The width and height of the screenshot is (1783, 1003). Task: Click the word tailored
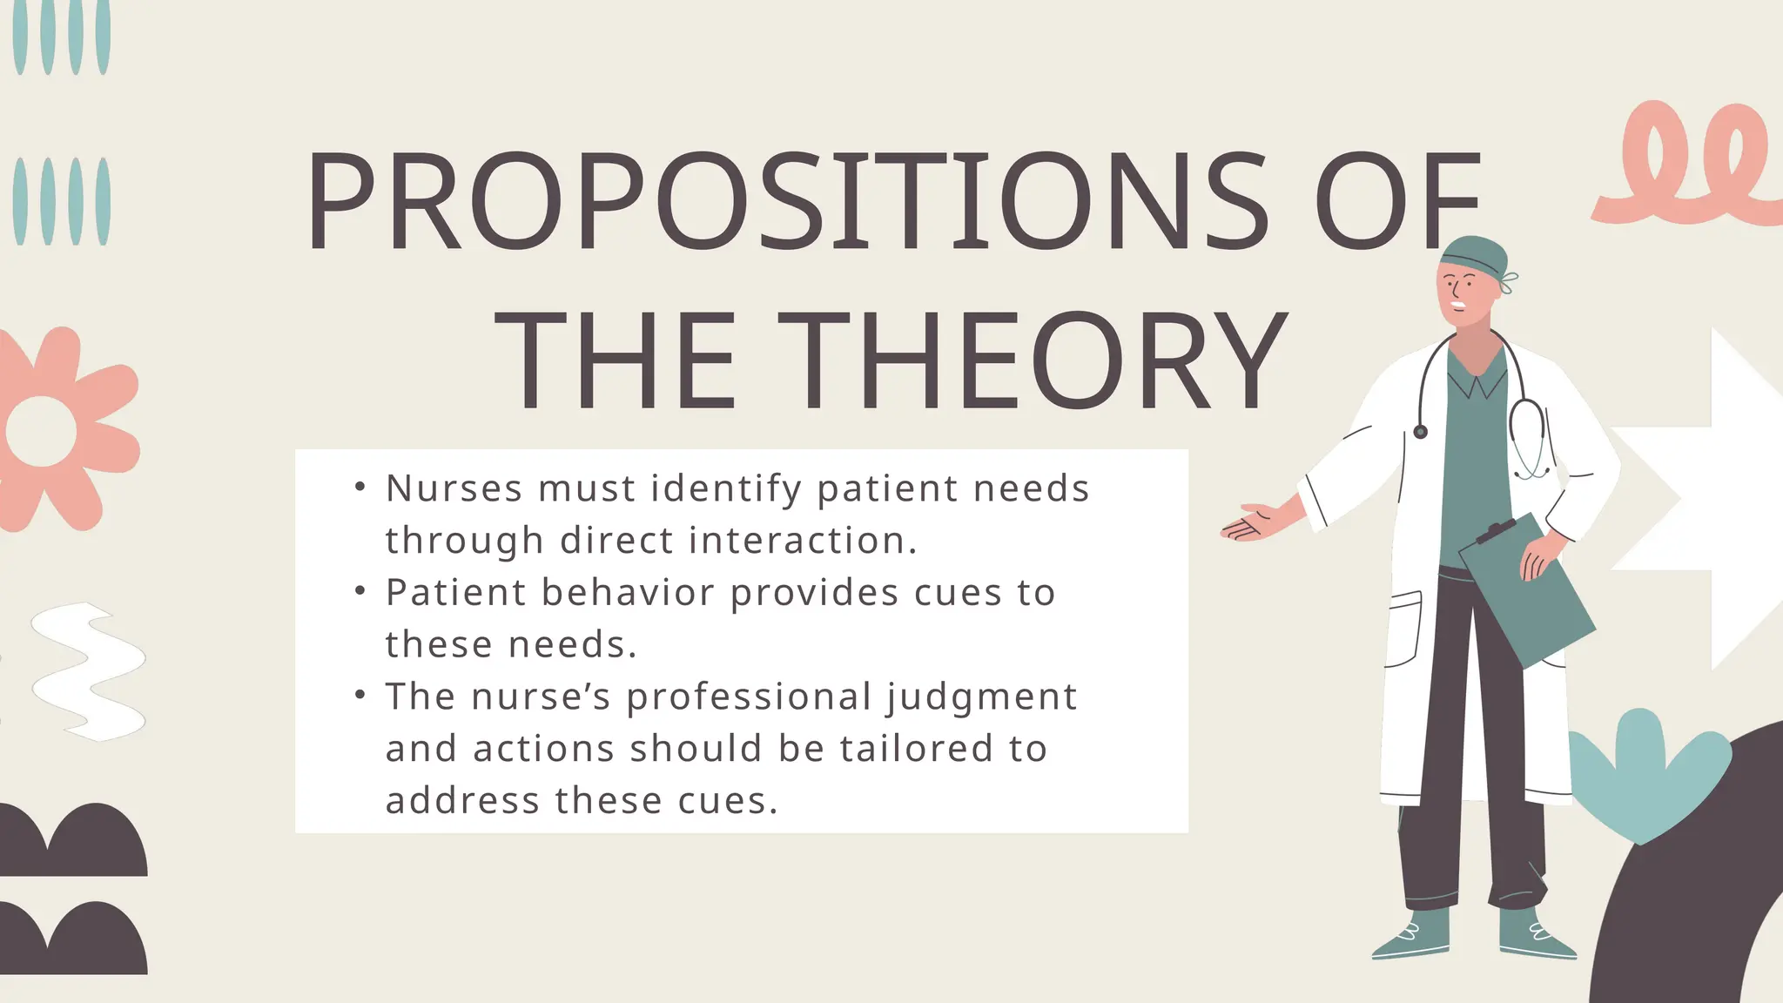coord(918,749)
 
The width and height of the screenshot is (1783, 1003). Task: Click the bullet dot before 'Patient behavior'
coord(360,591)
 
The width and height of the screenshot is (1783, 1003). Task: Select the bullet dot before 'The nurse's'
coord(360,695)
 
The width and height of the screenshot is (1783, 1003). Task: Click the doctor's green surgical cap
coord(1473,255)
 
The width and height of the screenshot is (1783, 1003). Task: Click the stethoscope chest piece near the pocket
coord(1421,432)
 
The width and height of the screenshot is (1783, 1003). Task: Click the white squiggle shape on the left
coord(87,670)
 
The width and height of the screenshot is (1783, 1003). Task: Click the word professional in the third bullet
coord(749,697)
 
